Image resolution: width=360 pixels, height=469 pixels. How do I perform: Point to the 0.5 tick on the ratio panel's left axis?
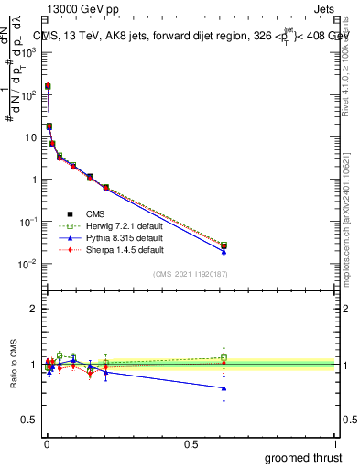(29, 420)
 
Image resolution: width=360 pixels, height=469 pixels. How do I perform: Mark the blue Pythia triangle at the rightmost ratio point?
(224, 388)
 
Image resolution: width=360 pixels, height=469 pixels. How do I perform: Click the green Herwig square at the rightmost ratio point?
(224, 357)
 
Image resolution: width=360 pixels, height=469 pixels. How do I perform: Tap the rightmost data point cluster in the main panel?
(224, 246)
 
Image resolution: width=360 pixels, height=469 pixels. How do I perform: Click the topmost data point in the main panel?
(48, 86)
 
